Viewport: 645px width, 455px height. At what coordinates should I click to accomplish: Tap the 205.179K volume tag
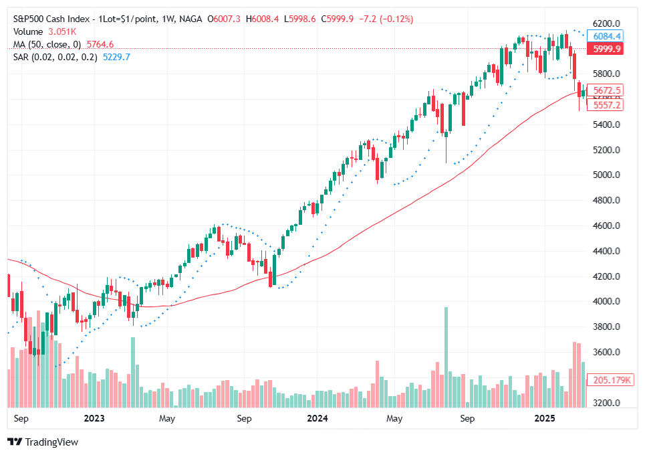coord(609,380)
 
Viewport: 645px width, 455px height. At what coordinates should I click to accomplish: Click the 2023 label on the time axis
coord(94,419)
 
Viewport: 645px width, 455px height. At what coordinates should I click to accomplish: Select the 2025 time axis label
coord(545,419)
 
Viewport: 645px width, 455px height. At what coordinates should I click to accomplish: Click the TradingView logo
coord(43,442)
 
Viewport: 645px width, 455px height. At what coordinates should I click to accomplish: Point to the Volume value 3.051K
coord(62,31)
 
